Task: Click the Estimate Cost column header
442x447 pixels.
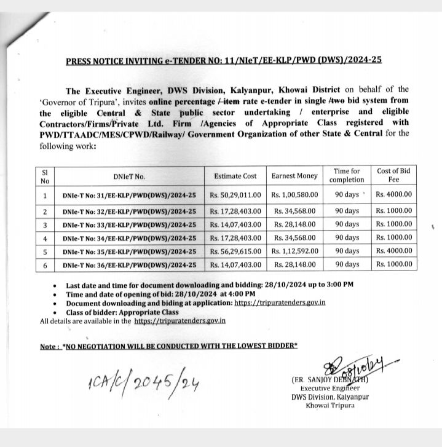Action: (235, 176)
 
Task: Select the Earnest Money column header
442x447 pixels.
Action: (294, 176)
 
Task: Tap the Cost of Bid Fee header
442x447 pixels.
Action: (394, 175)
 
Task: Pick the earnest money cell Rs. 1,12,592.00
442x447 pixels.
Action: (294, 251)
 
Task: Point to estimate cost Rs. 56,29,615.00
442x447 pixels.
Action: (235, 251)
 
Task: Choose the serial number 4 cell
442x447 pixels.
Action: (44, 238)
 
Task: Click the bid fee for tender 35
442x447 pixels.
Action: (394, 251)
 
